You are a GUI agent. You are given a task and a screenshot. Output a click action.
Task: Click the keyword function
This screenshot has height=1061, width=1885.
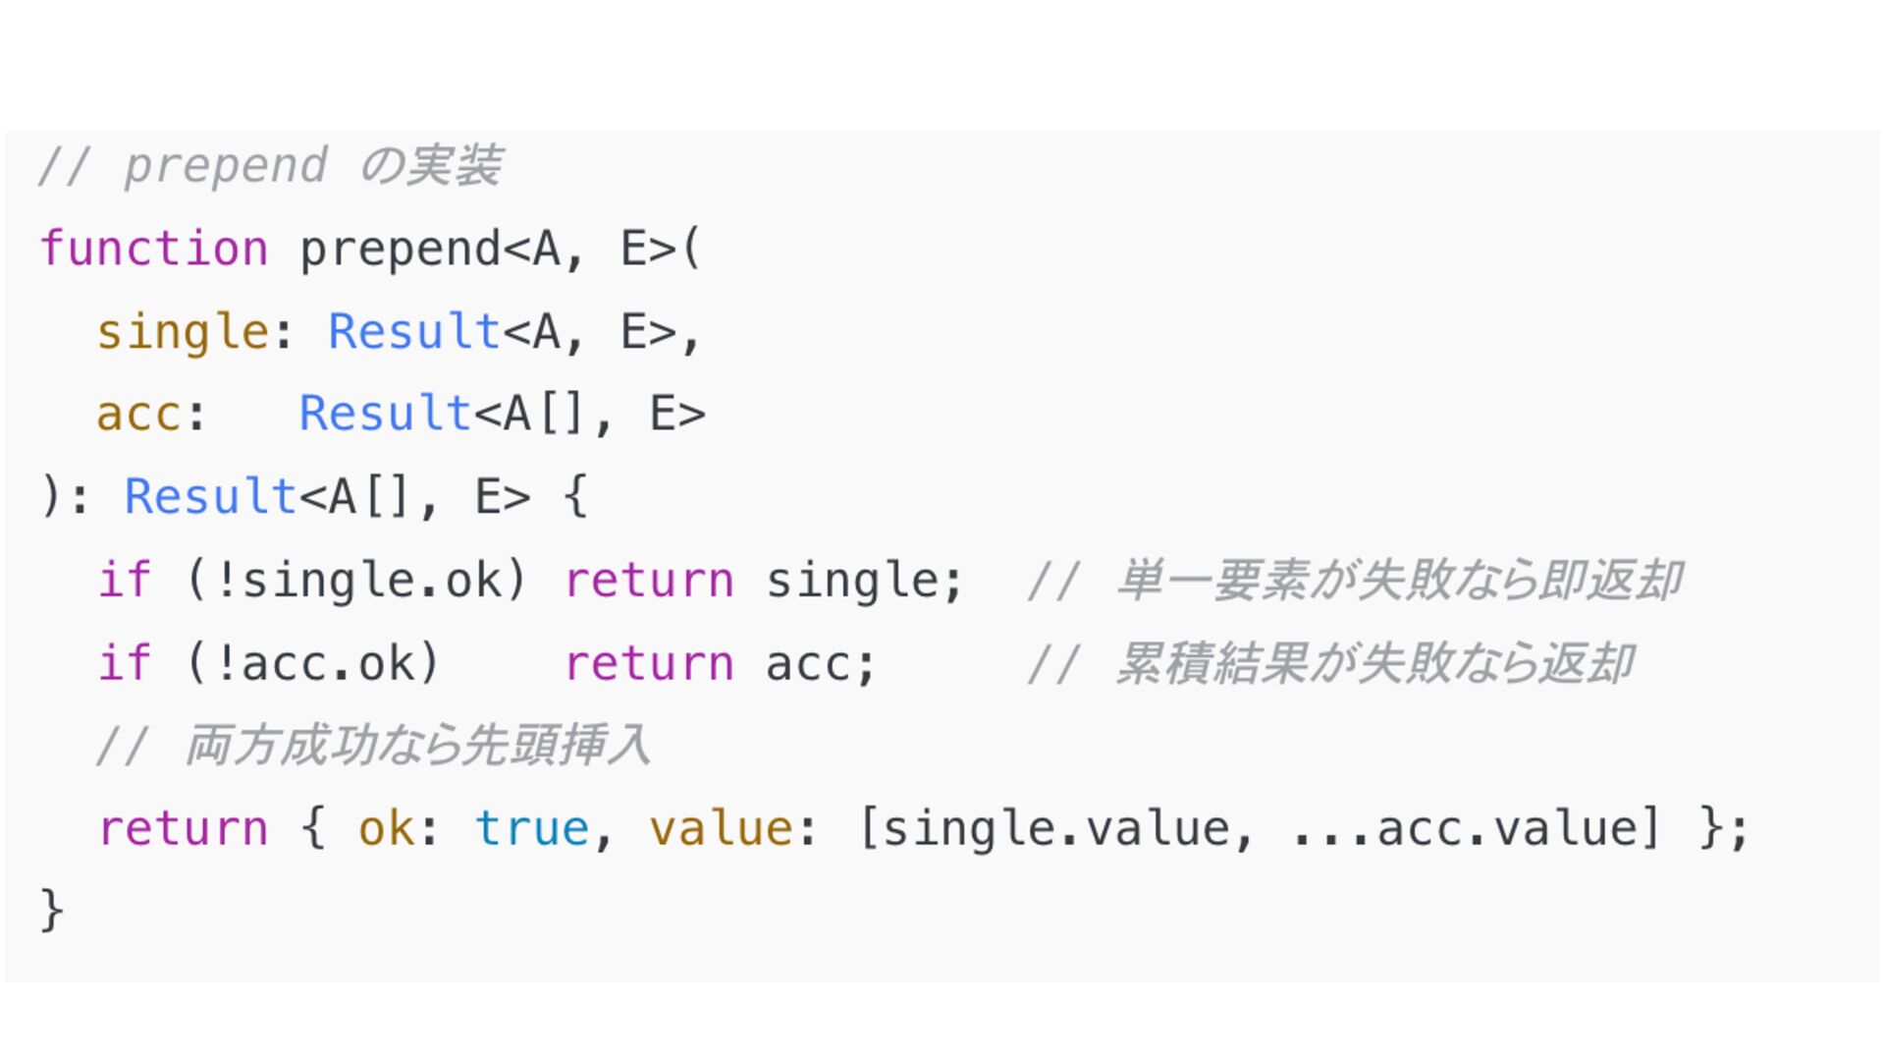click(x=153, y=249)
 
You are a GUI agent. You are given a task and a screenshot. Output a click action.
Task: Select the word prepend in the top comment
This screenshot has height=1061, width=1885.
click(x=225, y=165)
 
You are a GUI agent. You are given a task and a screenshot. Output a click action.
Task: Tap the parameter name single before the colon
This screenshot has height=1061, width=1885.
click(x=183, y=332)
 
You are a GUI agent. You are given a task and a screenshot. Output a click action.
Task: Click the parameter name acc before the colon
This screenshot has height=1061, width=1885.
click(x=138, y=414)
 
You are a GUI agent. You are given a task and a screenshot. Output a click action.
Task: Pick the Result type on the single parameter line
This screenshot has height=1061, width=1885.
click(x=414, y=332)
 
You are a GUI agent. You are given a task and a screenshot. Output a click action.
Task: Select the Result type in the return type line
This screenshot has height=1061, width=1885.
click(x=210, y=496)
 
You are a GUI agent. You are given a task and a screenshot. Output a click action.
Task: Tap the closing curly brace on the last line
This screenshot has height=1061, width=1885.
click(x=51, y=910)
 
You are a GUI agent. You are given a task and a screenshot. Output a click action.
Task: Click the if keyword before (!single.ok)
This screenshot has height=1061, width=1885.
click(x=125, y=580)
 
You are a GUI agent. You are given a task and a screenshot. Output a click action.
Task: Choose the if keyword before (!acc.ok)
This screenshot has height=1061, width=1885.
click(x=125, y=663)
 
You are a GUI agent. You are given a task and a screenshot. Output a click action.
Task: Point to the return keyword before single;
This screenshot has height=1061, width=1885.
click(x=649, y=580)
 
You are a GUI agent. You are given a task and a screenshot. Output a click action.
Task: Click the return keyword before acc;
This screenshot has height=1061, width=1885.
click(x=649, y=663)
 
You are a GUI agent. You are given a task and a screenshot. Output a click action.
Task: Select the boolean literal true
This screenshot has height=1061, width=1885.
click(x=532, y=828)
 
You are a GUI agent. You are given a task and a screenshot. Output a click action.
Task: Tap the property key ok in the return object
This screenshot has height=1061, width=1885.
click(x=386, y=828)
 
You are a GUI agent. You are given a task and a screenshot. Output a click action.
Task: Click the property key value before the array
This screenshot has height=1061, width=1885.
click(x=721, y=828)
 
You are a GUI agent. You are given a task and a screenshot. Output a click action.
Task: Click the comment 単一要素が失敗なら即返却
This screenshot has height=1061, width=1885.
click(x=1398, y=580)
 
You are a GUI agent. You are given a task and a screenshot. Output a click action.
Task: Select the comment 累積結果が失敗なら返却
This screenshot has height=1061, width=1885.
click(x=1373, y=663)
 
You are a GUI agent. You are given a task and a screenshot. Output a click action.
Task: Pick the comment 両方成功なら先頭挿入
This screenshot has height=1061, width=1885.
click(x=416, y=746)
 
